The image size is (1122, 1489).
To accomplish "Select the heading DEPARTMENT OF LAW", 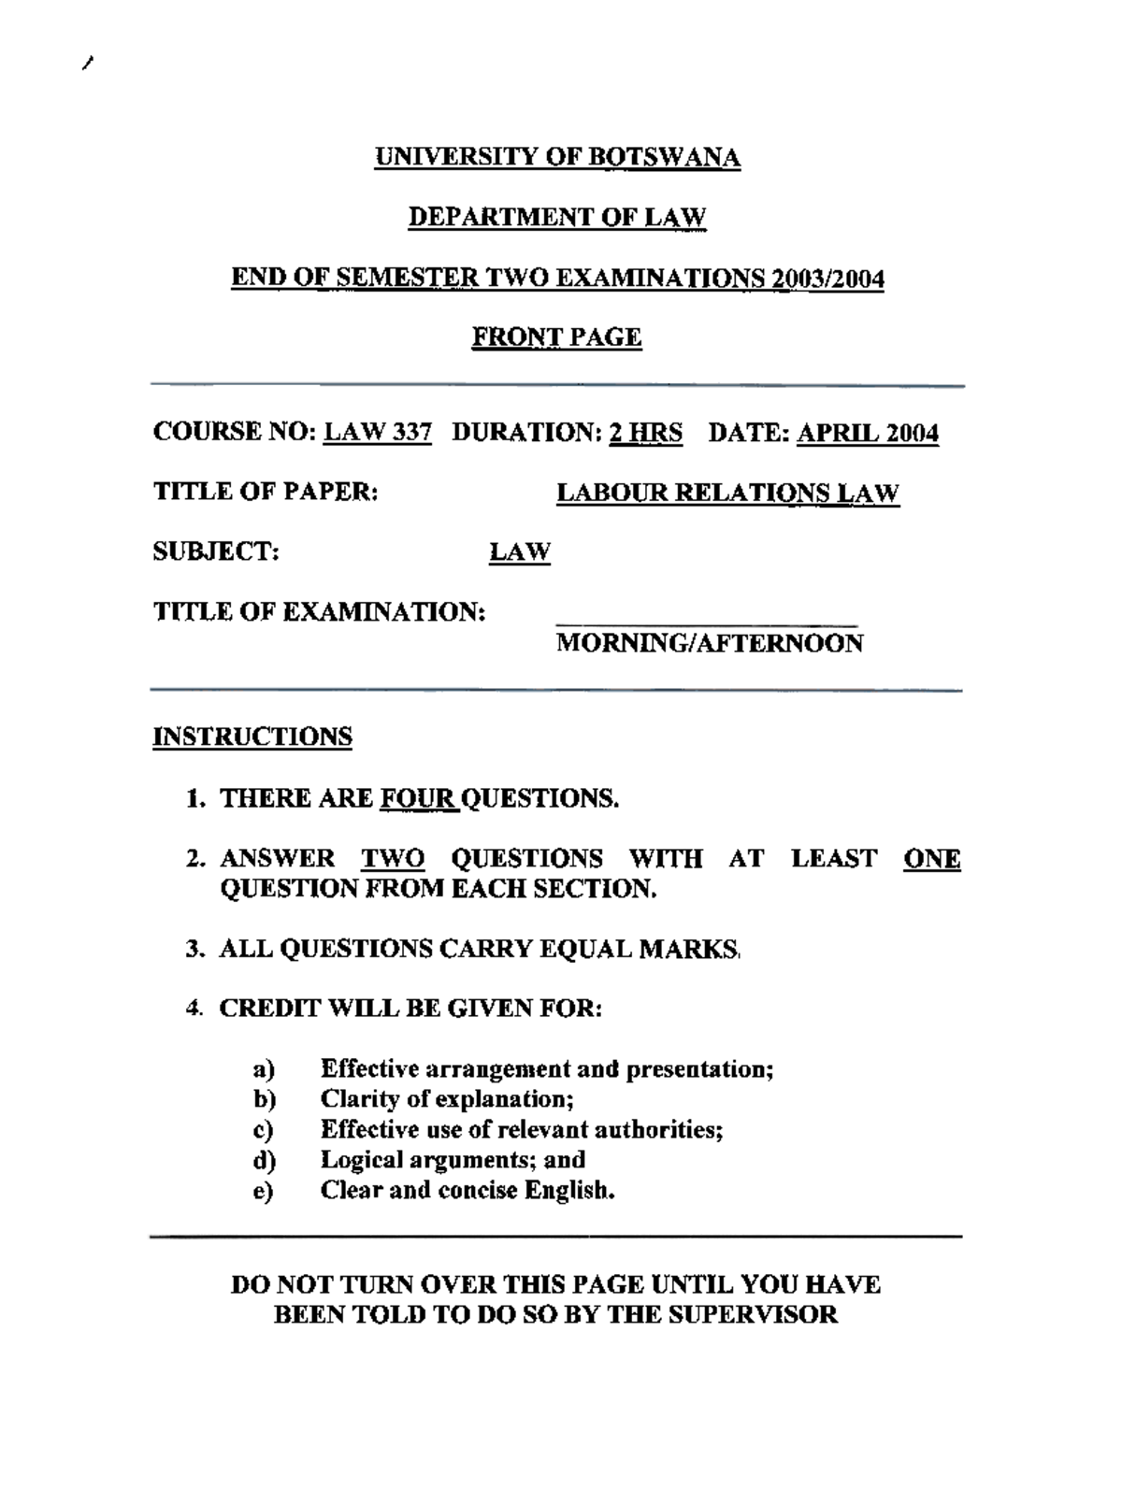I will tap(557, 218).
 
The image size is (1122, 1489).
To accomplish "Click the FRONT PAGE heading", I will tap(556, 336).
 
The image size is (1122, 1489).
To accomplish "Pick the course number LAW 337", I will tap(378, 433).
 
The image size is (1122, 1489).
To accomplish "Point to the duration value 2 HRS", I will tap(646, 433).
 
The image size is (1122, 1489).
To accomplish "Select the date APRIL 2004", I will tap(868, 433).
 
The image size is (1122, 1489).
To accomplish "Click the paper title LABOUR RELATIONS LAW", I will tap(727, 493).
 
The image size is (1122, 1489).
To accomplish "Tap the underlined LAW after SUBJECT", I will tap(520, 552).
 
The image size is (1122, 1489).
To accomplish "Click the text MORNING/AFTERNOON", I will tap(710, 643).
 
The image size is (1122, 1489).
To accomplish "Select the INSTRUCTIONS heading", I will tap(252, 737).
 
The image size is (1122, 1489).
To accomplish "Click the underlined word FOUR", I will tap(419, 798).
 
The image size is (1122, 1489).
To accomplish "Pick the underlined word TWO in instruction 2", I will tap(393, 858).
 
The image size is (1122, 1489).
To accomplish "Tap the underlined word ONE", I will tap(932, 858).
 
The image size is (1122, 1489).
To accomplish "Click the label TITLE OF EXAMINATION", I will tap(319, 612).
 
